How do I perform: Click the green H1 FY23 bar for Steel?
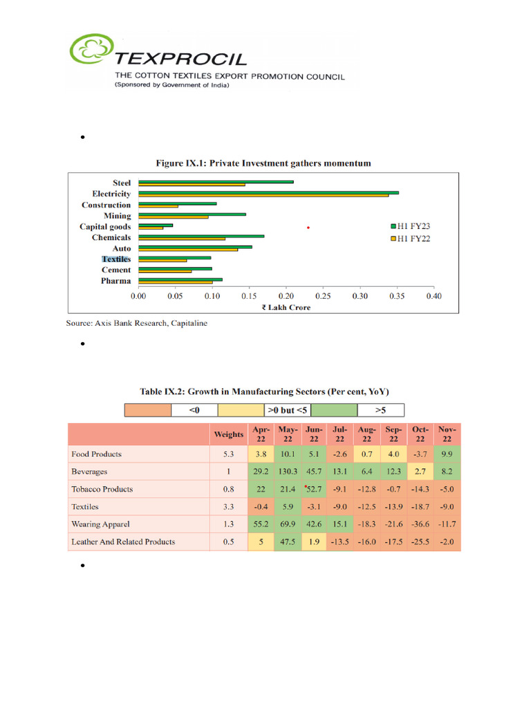click(216, 181)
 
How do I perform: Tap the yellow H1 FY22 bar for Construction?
click(158, 206)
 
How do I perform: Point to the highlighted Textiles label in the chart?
click(116, 259)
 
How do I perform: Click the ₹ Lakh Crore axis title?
click(286, 307)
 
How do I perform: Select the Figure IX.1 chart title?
click(262, 163)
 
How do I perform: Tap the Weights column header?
click(228, 434)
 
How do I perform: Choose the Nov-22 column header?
click(447, 434)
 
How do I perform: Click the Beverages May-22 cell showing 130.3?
click(288, 472)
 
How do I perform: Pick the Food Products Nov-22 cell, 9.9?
click(447, 454)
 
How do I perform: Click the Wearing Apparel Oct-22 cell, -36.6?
click(420, 524)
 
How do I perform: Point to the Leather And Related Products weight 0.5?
click(228, 541)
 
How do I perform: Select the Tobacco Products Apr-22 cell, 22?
click(261, 489)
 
